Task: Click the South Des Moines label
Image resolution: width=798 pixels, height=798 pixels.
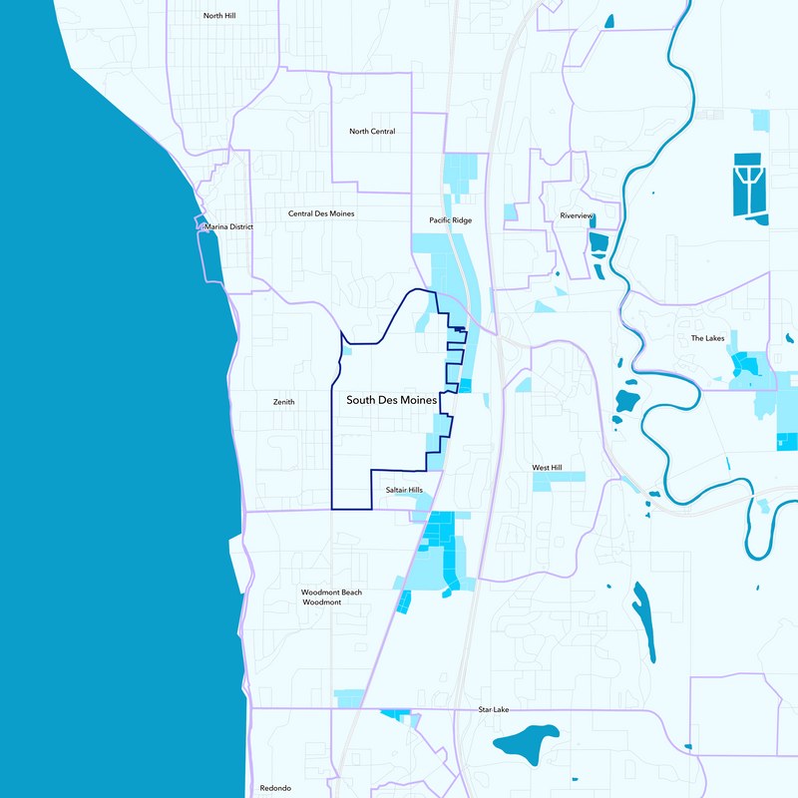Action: click(392, 400)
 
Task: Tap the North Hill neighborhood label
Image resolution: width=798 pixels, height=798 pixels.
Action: click(218, 16)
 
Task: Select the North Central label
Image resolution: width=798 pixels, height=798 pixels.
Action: click(372, 132)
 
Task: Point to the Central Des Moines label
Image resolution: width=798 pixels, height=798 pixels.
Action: click(321, 213)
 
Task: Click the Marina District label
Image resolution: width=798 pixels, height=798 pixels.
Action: click(228, 227)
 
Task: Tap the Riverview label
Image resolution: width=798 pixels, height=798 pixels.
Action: click(577, 216)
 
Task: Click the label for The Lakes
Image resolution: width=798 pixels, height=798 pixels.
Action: click(708, 338)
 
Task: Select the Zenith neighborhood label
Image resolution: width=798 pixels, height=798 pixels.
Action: click(284, 402)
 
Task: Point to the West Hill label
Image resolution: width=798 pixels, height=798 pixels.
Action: click(548, 467)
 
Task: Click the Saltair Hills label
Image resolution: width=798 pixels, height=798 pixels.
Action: click(404, 490)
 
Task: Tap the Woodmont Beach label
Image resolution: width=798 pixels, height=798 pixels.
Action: click(332, 593)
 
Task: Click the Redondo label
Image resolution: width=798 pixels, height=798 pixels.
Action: click(275, 787)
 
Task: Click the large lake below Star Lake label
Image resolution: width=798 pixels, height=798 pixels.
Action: click(528, 741)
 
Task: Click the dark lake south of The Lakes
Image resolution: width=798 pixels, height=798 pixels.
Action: click(626, 402)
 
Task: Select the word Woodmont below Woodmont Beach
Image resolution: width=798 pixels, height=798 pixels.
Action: click(322, 603)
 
